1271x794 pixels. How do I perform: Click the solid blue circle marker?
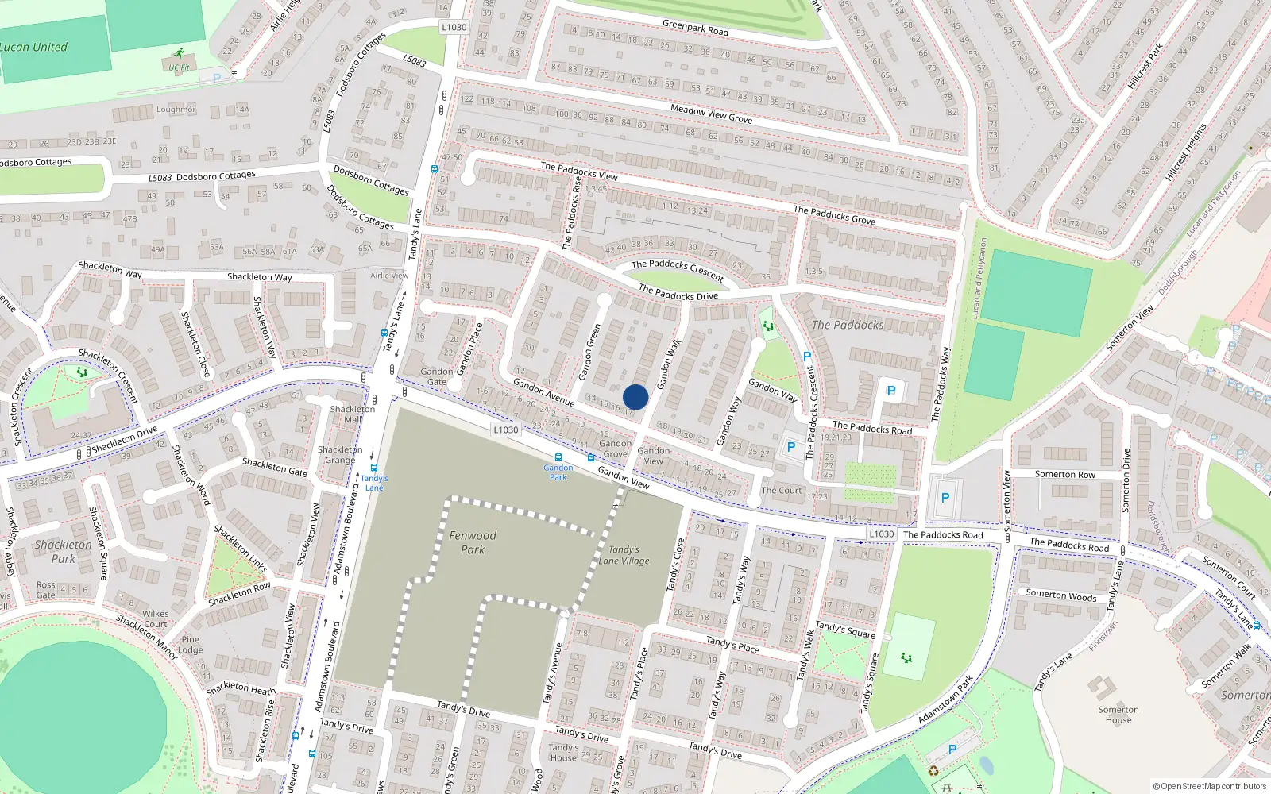(x=635, y=397)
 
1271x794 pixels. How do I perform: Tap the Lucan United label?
(x=33, y=47)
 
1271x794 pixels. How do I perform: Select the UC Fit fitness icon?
(x=180, y=54)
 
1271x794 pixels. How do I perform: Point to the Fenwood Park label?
(x=473, y=542)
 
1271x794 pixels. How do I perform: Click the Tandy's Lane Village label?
(x=624, y=555)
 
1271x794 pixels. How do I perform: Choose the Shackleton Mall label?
(x=352, y=414)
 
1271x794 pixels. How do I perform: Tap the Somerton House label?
(x=1118, y=715)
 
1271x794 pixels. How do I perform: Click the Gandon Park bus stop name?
(x=558, y=472)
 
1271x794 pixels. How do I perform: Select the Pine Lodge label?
(x=191, y=645)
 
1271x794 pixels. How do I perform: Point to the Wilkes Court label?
(x=156, y=619)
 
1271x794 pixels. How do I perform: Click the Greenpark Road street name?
(x=695, y=28)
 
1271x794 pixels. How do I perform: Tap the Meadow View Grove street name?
(x=711, y=114)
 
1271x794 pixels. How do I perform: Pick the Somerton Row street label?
(x=1064, y=474)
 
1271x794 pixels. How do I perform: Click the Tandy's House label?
(x=563, y=753)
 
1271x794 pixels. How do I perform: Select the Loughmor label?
(x=176, y=110)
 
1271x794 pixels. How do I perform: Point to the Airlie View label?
(x=389, y=276)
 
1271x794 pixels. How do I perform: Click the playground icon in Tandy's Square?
(x=906, y=657)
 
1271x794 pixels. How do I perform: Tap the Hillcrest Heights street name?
(x=1186, y=152)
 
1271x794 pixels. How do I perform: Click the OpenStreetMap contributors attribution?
(x=1210, y=786)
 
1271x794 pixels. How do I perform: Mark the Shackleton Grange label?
(x=340, y=455)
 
